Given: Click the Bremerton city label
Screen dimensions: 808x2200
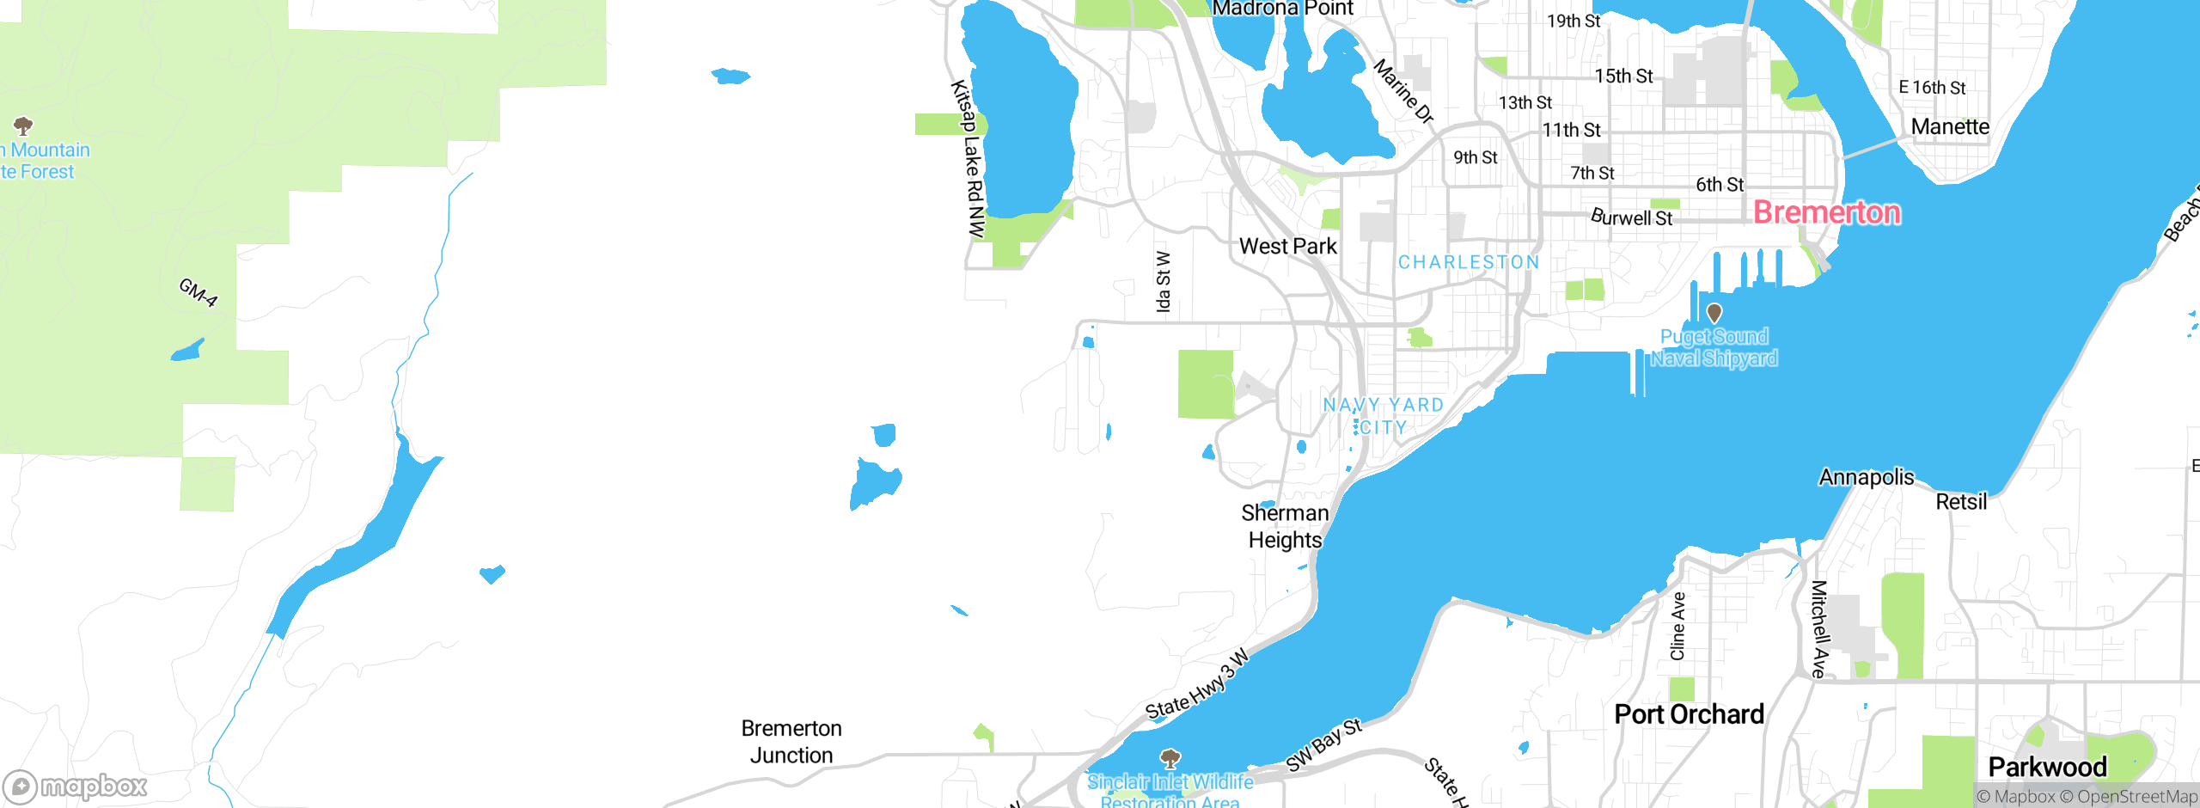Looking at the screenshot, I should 1826,212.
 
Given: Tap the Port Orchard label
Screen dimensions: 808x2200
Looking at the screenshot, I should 1689,714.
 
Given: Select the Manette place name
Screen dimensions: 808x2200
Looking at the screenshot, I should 1950,127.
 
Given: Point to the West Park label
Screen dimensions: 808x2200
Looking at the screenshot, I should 1287,247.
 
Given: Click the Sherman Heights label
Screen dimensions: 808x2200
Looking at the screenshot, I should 1285,526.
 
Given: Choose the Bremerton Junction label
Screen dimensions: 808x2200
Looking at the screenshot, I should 791,741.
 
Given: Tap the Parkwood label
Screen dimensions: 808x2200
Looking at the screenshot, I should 2047,767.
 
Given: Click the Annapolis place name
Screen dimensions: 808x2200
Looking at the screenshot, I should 1867,477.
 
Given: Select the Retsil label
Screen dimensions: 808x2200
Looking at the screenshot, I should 1961,502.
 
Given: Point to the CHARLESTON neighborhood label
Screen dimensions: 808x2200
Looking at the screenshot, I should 1468,262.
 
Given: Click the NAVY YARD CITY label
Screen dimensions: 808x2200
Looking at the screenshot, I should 1383,416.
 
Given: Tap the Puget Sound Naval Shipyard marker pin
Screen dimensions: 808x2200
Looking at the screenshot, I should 1714,313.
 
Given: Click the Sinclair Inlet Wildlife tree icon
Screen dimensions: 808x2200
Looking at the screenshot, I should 1170,758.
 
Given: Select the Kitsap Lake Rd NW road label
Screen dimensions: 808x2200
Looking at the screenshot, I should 969,159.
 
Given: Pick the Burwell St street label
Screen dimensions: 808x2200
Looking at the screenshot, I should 1631,217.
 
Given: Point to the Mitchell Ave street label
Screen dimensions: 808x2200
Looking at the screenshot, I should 1818,629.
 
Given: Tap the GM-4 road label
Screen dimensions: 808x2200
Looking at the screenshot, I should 199,292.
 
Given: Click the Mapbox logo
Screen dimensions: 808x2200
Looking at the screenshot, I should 75,787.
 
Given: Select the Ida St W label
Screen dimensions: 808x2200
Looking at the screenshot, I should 1163,282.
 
